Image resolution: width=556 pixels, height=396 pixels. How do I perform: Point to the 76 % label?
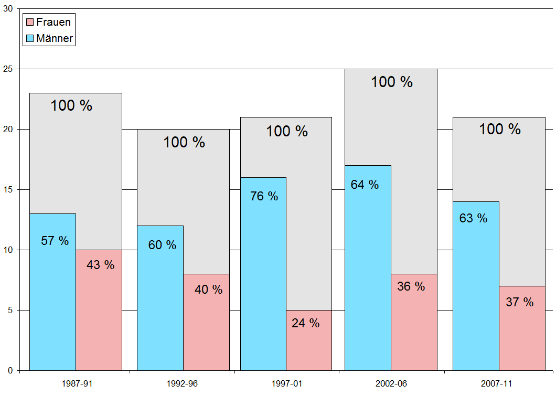[264, 196]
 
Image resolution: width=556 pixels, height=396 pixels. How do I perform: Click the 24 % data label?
[305, 323]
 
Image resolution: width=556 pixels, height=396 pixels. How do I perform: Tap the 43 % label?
[100, 265]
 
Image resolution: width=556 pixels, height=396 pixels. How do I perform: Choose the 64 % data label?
[365, 185]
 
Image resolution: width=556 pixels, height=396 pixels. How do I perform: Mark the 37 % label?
[519, 302]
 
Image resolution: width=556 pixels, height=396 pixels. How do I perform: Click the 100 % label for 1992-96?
[184, 142]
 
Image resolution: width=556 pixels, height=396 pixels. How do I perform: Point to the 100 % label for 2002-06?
[392, 82]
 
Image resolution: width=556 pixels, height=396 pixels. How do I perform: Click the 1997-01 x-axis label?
[286, 384]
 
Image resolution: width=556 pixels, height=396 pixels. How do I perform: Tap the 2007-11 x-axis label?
[499, 384]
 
